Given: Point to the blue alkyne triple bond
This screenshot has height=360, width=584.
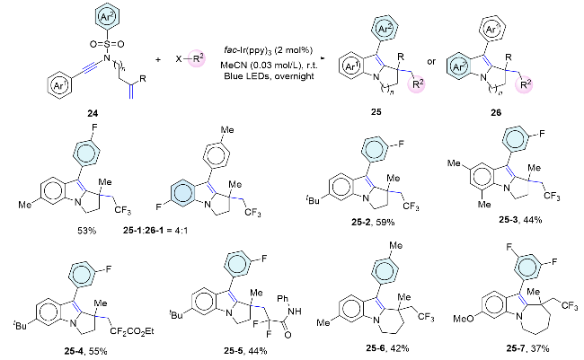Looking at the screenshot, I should (x=73, y=68).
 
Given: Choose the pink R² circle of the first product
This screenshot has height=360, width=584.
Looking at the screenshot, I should (x=418, y=83).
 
